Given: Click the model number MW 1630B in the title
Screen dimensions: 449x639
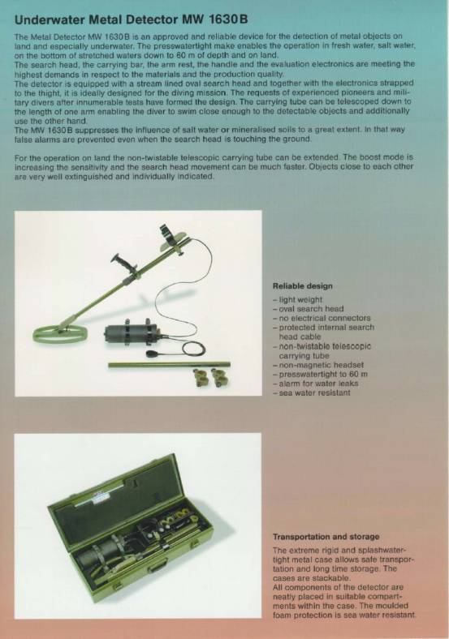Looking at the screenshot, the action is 218,19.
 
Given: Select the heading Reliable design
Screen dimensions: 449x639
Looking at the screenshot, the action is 303,286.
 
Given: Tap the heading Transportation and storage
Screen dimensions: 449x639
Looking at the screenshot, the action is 326,537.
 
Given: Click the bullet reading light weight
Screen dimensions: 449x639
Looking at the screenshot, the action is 297,299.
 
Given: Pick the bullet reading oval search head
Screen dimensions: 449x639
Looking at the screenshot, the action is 309,309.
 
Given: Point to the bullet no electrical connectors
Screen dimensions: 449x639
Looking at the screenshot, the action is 322,318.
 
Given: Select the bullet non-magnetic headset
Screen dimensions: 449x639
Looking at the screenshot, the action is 318,365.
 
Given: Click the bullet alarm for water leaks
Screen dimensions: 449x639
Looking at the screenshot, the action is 316,384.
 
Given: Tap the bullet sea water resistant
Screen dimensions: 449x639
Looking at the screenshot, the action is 312,392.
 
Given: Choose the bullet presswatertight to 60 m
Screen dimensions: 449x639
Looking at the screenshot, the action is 321,374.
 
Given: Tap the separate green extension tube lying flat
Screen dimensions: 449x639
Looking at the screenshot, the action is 169,365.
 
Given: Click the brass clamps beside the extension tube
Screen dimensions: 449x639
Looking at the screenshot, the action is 210,377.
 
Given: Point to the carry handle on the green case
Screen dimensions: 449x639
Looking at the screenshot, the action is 158,568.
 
